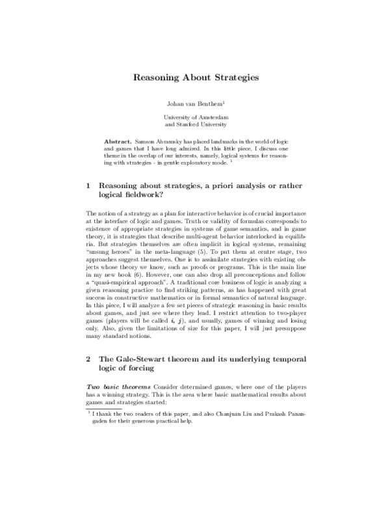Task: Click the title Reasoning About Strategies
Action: pos(196,77)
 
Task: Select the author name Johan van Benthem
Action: pos(194,103)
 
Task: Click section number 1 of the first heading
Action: pos(88,185)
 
